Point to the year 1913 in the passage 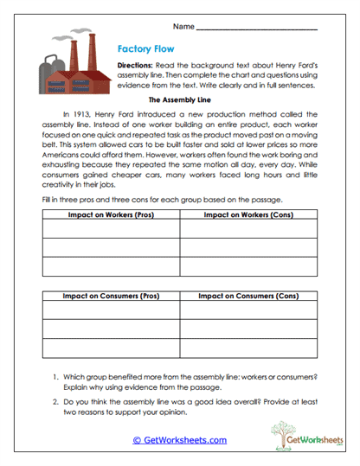click(83, 113)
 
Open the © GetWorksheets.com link click(179, 439)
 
